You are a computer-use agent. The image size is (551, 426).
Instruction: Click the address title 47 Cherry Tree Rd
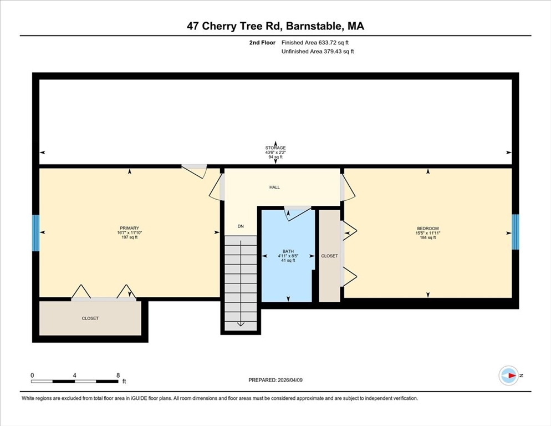(235, 26)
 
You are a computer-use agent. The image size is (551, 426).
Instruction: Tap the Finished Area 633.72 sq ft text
(315, 43)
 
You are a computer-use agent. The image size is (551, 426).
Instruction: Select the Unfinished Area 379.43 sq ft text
(318, 52)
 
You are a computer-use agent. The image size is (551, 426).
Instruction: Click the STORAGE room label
(275, 148)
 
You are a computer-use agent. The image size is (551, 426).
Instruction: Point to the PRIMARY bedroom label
(129, 228)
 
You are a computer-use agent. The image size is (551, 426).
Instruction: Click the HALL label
(274, 187)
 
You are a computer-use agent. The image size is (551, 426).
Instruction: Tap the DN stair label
(241, 226)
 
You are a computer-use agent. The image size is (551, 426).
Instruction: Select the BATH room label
(288, 251)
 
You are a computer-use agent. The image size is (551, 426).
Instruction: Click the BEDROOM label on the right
(427, 229)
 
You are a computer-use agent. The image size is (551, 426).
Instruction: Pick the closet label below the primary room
(90, 318)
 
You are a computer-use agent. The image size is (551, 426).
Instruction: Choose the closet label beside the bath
(329, 256)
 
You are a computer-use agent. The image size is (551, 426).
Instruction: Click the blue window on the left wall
(35, 233)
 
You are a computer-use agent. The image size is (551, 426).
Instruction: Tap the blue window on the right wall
(515, 232)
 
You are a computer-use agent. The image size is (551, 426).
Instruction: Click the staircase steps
(241, 283)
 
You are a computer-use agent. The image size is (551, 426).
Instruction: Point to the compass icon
(509, 376)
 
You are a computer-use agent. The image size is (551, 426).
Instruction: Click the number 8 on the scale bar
(118, 376)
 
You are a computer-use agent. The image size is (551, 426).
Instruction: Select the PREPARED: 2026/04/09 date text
(275, 380)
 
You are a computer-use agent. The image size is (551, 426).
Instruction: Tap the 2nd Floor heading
(262, 43)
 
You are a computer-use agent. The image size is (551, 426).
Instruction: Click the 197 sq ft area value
(129, 237)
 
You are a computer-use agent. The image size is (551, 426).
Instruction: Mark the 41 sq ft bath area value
(288, 260)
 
